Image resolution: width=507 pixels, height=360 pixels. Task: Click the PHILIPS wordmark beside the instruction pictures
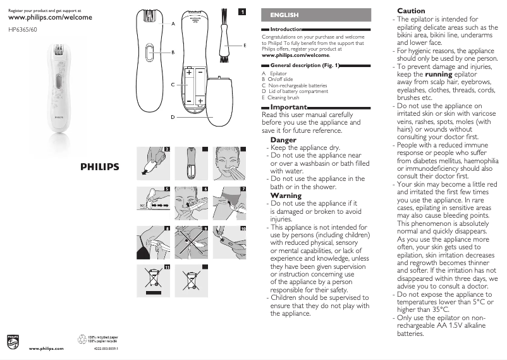(x=99, y=167)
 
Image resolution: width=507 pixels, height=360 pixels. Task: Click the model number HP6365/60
(x=22, y=29)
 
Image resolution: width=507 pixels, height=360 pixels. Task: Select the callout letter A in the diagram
(x=173, y=24)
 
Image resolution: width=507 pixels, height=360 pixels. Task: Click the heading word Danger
(x=283, y=140)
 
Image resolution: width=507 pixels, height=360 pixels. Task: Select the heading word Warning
(x=286, y=196)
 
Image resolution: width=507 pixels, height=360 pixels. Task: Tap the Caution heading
(x=411, y=11)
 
